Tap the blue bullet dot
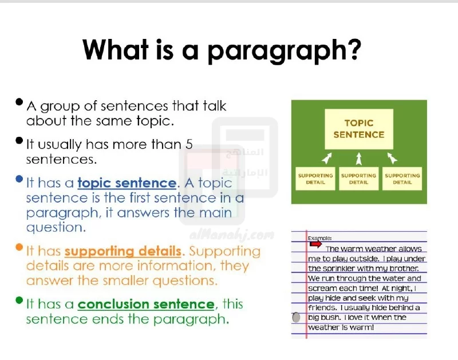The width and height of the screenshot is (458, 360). [x=19, y=179]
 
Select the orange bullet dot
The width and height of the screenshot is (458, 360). [x=19, y=247]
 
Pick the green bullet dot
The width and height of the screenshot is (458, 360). [x=19, y=300]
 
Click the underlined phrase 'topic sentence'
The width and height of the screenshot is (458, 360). [x=127, y=183]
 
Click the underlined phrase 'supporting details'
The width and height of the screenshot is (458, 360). [x=123, y=252]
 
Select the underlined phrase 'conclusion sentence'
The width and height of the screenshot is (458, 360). [x=146, y=304]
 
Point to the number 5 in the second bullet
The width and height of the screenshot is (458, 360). [x=189, y=145]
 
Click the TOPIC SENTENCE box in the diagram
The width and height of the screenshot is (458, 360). [x=359, y=129]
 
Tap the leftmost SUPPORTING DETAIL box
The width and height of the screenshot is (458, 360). [x=315, y=179]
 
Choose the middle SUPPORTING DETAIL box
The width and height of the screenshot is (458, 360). [x=359, y=179]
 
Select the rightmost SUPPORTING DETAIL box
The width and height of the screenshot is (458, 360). [x=402, y=179]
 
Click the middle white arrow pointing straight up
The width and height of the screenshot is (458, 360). [x=359, y=159]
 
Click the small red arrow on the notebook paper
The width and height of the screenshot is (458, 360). [x=315, y=244]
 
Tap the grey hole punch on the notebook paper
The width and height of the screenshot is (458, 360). [x=296, y=317]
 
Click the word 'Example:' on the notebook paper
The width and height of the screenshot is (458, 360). [x=319, y=238]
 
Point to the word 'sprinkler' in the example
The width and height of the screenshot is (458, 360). [x=337, y=268]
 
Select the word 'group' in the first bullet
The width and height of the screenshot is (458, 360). [x=60, y=107]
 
